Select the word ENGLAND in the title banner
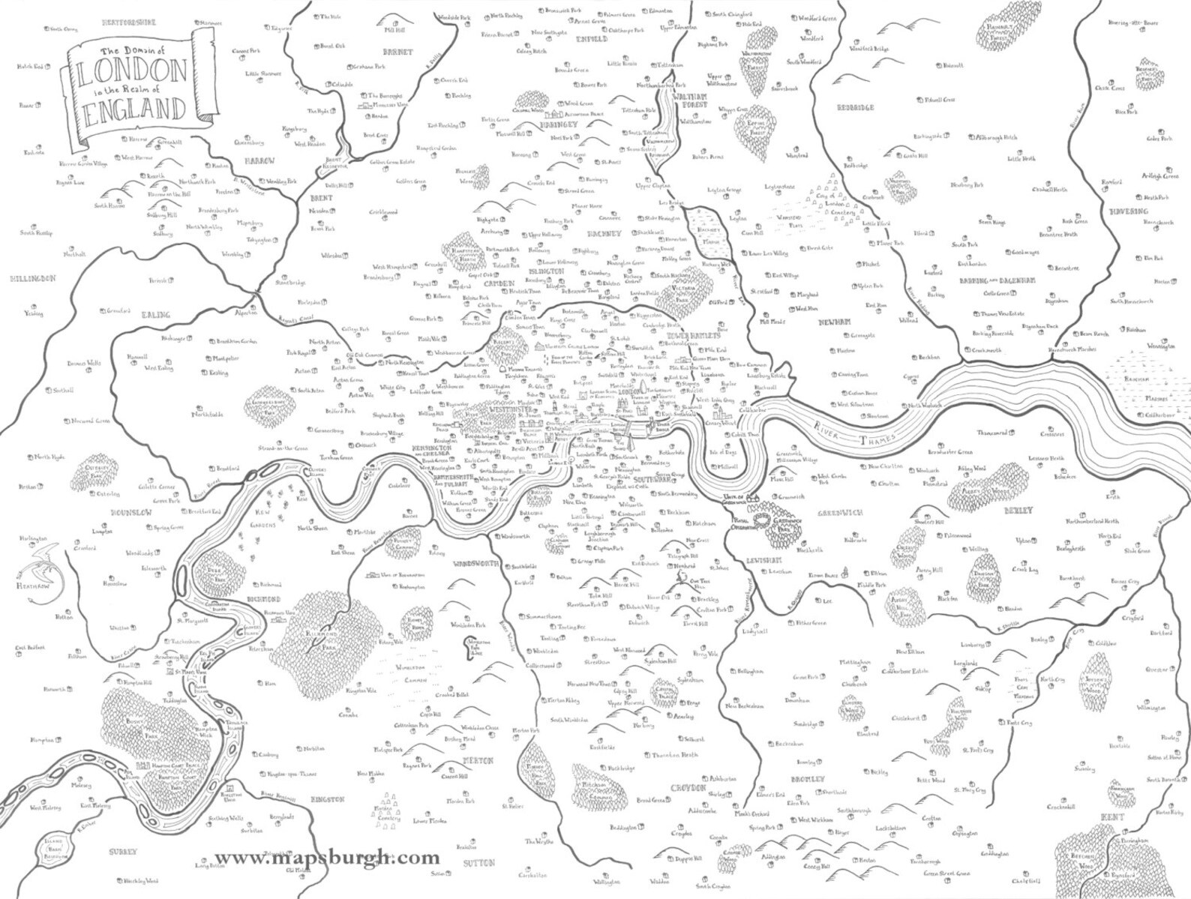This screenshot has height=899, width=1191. pos(135,110)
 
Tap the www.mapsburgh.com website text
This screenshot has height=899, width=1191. pos(328,857)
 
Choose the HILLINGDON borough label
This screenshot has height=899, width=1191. pos(33,278)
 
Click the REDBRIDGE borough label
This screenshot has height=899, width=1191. pos(856,107)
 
